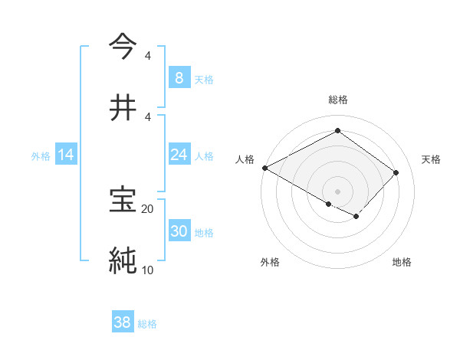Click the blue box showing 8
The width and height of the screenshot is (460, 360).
pyautogui.click(x=179, y=78)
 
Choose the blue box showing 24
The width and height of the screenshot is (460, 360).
pyautogui.click(x=179, y=155)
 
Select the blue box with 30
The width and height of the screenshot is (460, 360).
pyautogui.click(x=179, y=231)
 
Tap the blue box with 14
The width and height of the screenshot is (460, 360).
pyautogui.click(x=66, y=155)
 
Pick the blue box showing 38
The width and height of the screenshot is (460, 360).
pyautogui.click(x=123, y=323)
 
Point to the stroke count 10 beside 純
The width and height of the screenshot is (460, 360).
pyautogui.click(x=147, y=270)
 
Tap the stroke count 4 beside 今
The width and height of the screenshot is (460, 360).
pyautogui.click(x=147, y=55)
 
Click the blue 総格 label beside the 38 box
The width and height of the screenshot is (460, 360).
pyautogui.click(x=147, y=324)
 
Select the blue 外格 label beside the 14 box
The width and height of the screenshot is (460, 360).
pyautogui.click(x=41, y=155)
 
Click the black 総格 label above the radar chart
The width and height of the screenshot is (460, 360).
pyautogui.click(x=337, y=100)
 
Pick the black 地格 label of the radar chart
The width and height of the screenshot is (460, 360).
pyautogui.click(x=402, y=262)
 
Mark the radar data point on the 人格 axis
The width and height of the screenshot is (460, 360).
pyautogui.click(x=264, y=168)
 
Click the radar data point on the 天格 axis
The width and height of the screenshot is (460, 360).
pyautogui.click(x=396, y=172)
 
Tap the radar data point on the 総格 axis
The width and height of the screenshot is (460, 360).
pyautogui.click(x=337, y=131)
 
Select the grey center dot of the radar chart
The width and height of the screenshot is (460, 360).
pyautogui.click(x=337, y=191)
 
